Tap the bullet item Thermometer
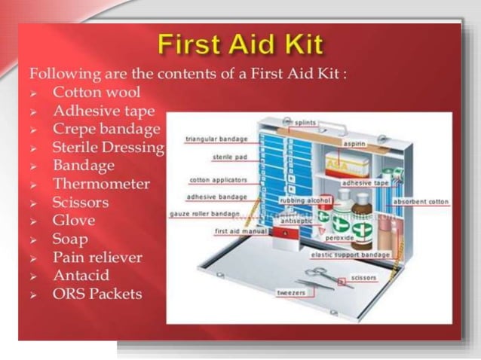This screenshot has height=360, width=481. click(x=101, y=184)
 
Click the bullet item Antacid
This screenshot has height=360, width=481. click(x=81, y=275)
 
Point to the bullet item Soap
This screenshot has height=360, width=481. click(x=70, y=239)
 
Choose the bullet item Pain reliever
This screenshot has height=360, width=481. click(x=97, y=257)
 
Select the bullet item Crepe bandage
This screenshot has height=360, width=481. click(x=106, y=129)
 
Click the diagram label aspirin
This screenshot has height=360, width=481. click(x=355, y=143)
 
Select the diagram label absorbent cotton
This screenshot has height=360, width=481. click(x=421, y=202)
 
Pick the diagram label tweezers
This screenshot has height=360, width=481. click(x=290, y=292)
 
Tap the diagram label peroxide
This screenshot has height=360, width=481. click(x=339, y=237)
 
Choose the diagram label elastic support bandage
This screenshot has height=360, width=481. click(x=351, y=255)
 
